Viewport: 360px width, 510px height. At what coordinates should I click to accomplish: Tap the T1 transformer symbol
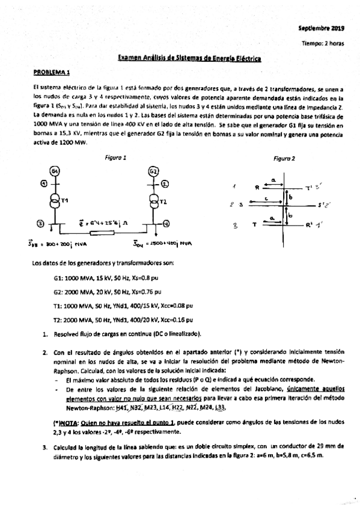[x=54, y=199]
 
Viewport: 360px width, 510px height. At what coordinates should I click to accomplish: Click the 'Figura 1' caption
[x=115, y=158]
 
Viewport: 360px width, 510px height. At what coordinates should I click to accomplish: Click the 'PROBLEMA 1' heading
[x=52, y=73]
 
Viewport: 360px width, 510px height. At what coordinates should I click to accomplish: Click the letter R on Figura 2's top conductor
[x=257, y=187]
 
